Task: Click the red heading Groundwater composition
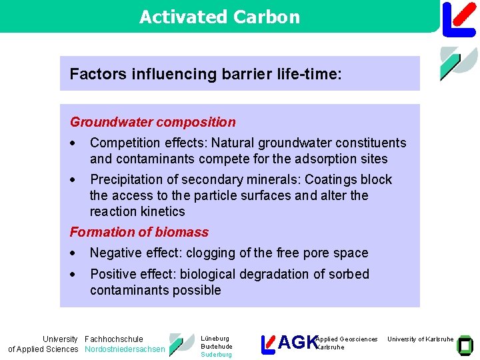coord(153,122)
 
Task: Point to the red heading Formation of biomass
coord(139,232)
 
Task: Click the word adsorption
coord(321,159)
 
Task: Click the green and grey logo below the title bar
coord(458,63)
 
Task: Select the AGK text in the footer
coord(297,343)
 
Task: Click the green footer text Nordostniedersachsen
coord(125,349)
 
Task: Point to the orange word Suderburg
coord(216,355)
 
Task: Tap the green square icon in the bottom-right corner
coord(465,344)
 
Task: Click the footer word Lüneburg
coord(215,339)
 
